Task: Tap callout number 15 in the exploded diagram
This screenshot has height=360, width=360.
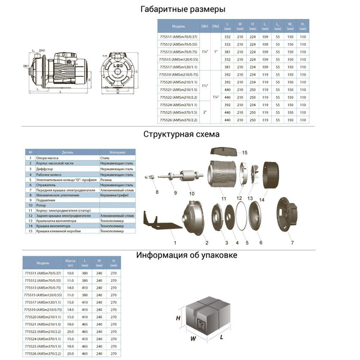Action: (x=245, y=154)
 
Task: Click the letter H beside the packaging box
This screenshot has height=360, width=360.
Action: (x=178, y=318)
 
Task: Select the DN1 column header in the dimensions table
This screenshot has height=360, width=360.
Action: (x=204, y=27)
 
